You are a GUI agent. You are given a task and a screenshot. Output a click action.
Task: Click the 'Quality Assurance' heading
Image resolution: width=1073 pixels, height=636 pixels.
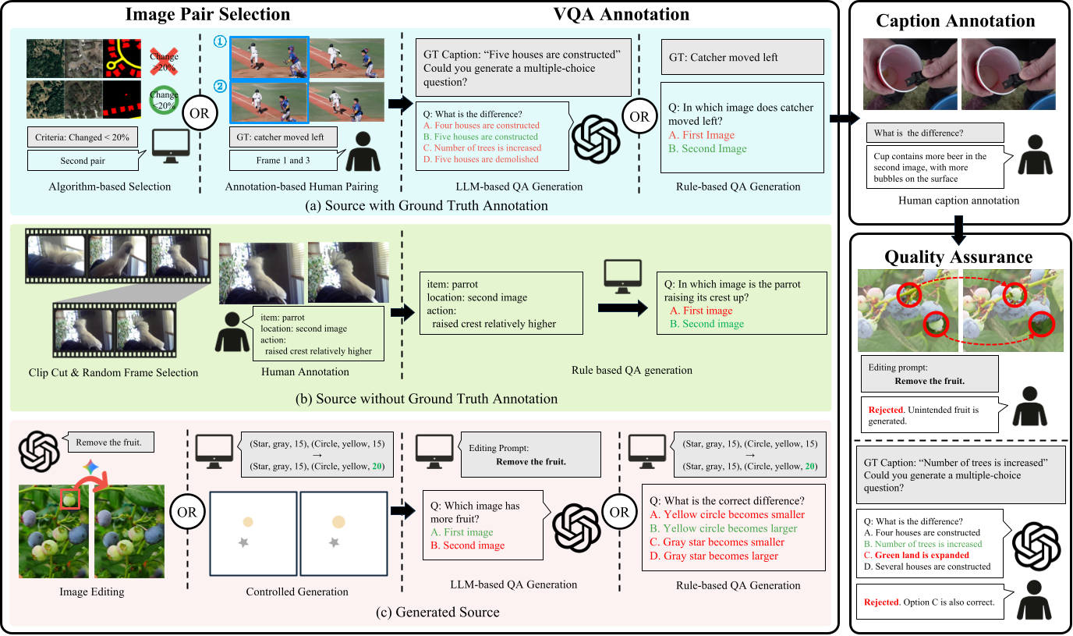tap(958, 257)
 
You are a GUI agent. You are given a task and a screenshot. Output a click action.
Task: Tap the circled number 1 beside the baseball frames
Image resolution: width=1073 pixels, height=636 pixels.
tap(221, 45)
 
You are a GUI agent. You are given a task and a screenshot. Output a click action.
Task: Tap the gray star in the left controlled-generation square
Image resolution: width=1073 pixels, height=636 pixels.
tap(248, 541)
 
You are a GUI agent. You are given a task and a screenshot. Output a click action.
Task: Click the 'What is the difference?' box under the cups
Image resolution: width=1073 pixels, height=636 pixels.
tap(934, 133)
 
